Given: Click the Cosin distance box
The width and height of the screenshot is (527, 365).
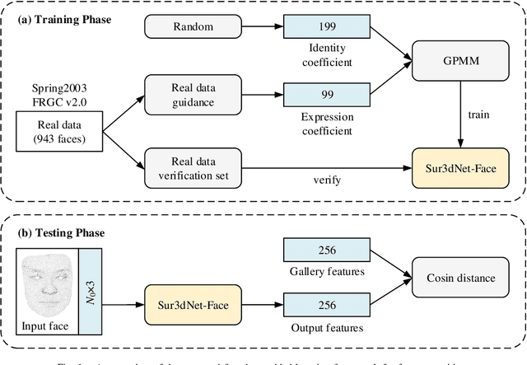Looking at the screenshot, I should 457,278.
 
